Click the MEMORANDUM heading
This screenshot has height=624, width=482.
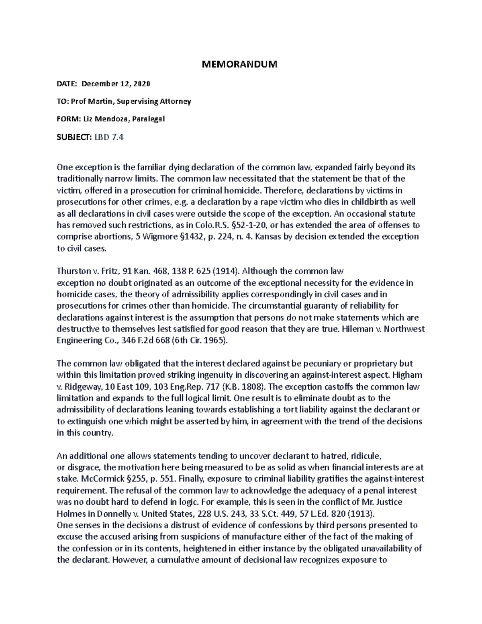[x=239, y=64]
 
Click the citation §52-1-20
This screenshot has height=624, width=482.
[x=245, y=225]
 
